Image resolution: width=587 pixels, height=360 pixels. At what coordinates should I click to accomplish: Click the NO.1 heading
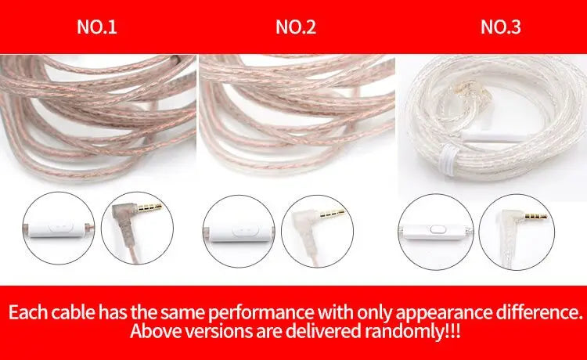(x=96, y=27)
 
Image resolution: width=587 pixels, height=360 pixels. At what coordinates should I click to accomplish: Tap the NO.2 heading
(x=296, y=27)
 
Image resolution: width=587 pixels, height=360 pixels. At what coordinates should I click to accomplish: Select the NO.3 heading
(x=501, y=27)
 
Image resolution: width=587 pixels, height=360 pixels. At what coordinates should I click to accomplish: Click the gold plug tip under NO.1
(x=150, y=207)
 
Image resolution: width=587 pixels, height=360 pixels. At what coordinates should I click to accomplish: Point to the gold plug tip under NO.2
(x=332, y=214)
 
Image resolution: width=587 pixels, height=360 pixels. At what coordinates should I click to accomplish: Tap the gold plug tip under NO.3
(x=535, y=216)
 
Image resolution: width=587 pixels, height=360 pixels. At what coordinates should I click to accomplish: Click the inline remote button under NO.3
(x=436, y=229)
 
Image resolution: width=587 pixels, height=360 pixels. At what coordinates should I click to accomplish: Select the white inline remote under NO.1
(x=57, y=229)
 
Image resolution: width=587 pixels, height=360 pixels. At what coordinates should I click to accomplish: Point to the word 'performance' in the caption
(x=261, y=312)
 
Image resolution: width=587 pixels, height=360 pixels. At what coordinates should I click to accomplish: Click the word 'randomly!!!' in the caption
(x=412, y=331)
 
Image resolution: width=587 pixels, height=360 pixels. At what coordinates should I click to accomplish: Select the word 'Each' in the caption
(x=28, y=312)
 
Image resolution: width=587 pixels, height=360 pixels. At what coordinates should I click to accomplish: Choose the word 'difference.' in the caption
(x=538, y=312)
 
